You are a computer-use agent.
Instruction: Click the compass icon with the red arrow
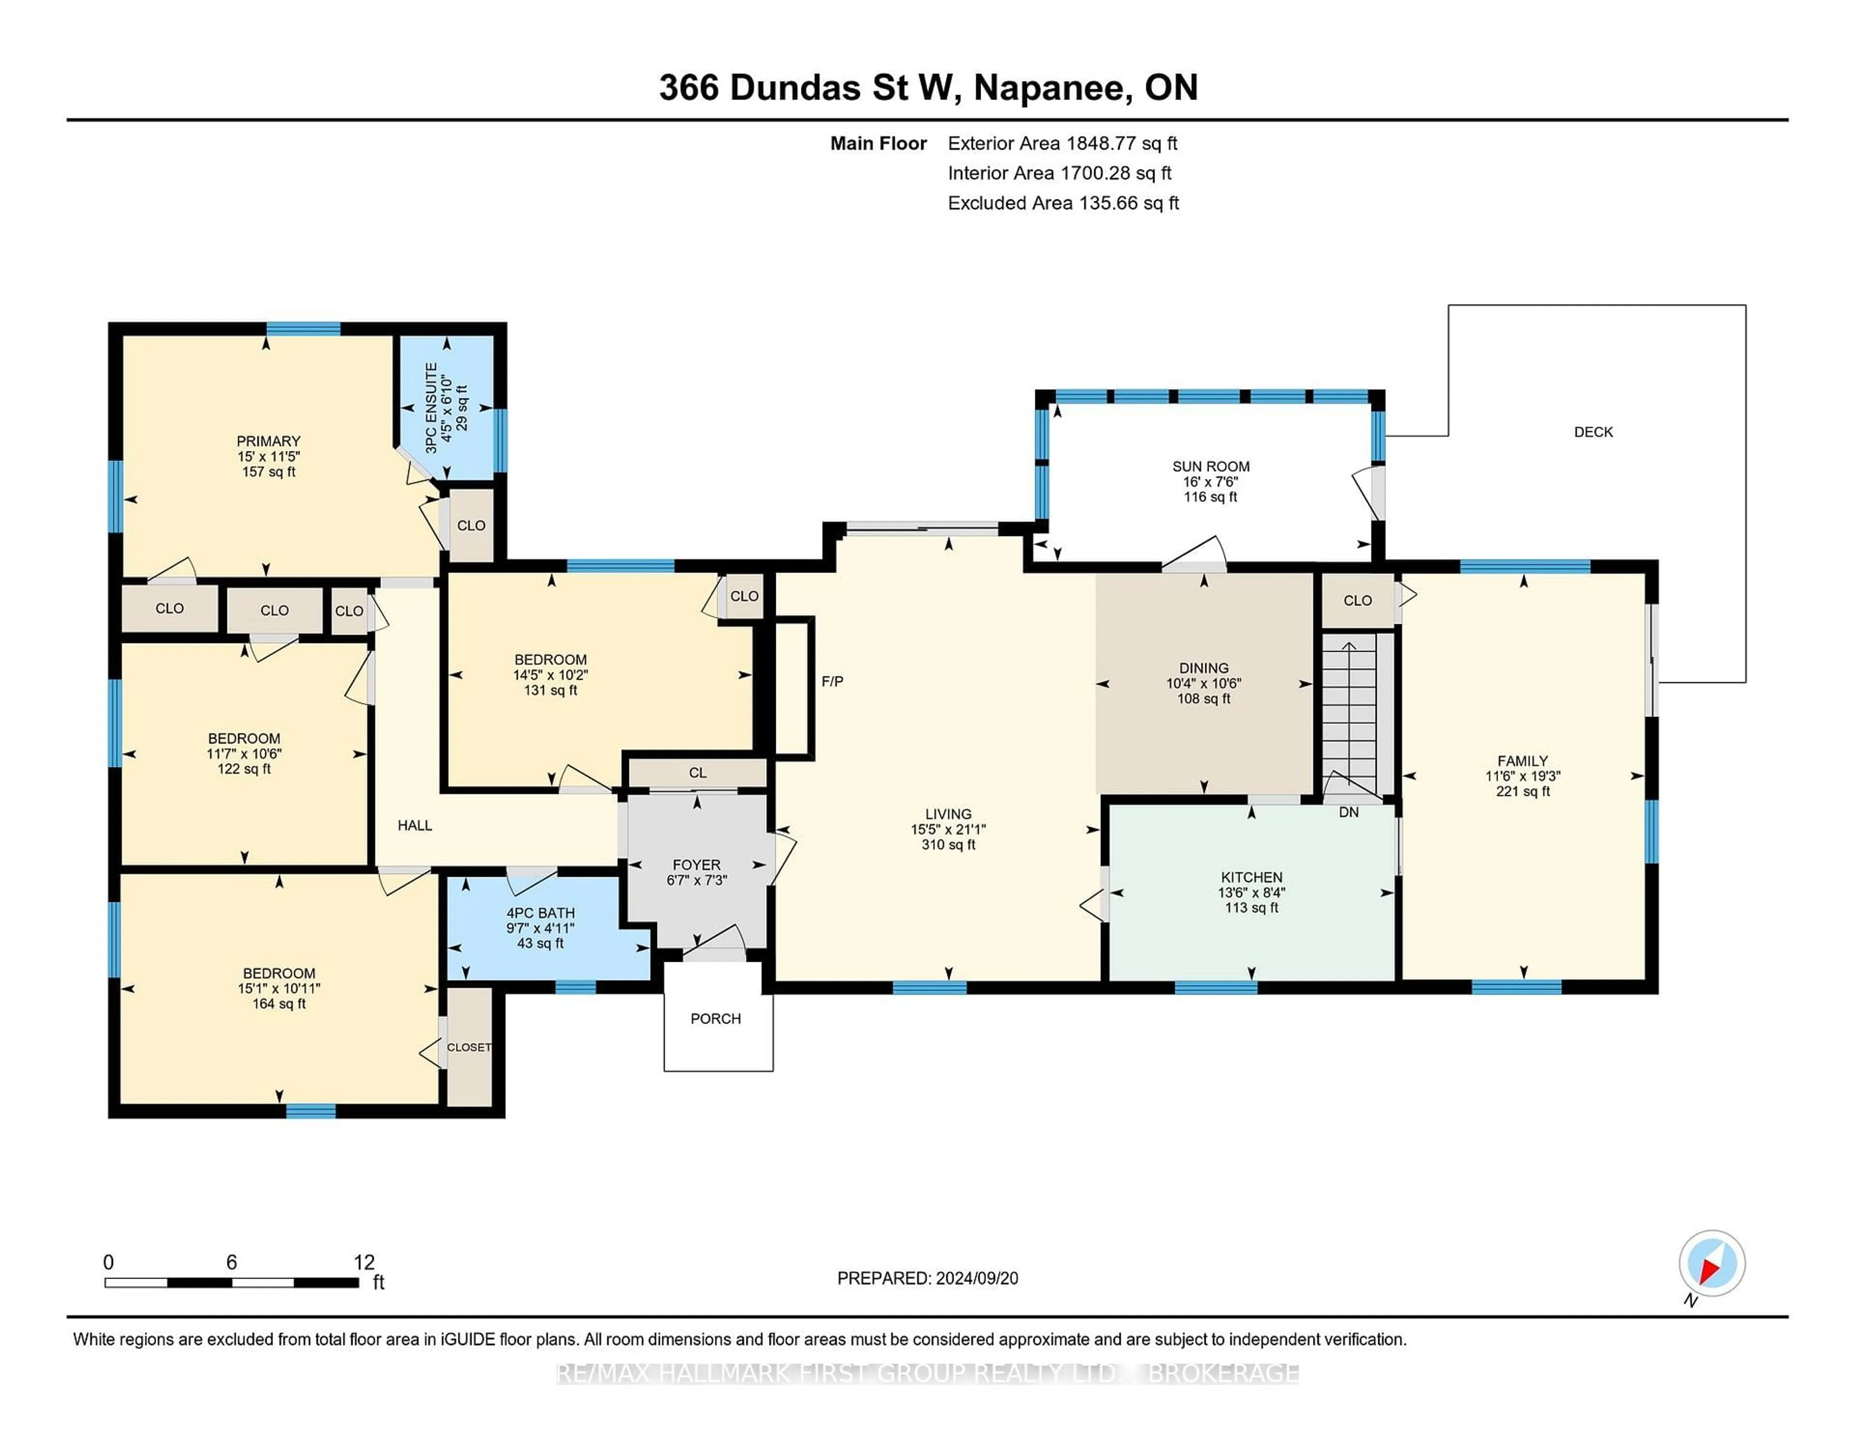coord(1712,1263)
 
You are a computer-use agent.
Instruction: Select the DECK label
coord(1593,432)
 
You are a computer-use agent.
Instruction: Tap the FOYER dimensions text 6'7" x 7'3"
coord(697,880)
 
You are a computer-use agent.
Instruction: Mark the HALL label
coord(414,825)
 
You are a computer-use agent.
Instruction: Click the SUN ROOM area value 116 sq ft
coord(1210,497)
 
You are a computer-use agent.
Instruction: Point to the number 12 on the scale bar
coord(364,1263)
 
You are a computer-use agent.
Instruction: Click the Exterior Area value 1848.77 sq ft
coord(1122,143)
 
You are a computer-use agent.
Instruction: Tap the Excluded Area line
coord(1063,203)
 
